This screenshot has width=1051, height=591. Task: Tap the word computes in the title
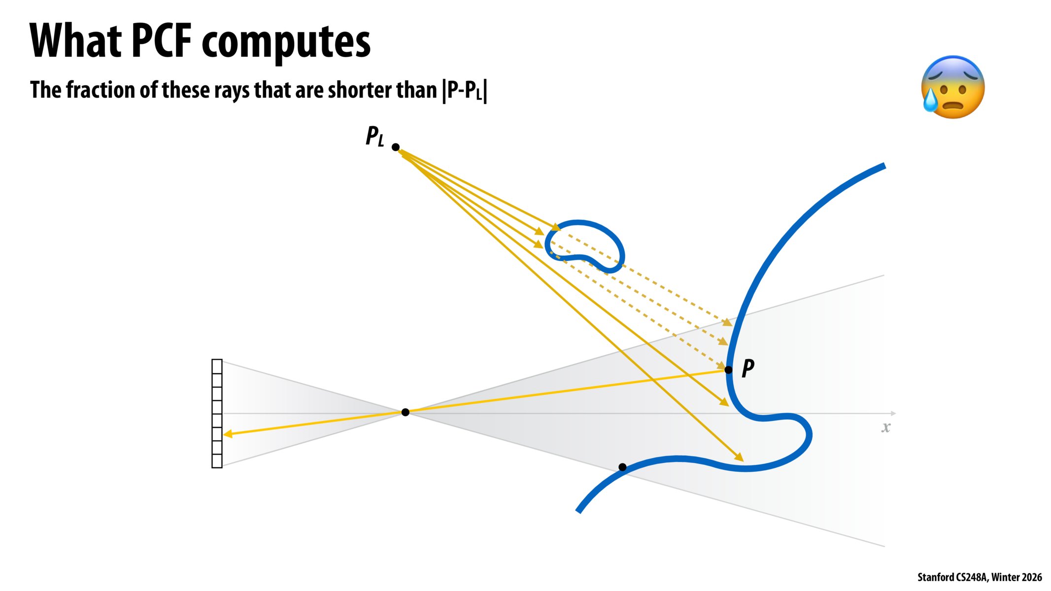point(286,43)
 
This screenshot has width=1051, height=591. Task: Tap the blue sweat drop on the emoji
point(930,100)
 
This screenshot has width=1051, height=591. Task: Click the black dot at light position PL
point(395,147)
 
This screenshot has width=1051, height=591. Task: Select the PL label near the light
point(374,136)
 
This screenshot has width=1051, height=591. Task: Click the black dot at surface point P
point(728,369)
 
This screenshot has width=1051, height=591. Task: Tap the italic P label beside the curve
point(747,368)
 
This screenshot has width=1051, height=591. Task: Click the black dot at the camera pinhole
point(405,412)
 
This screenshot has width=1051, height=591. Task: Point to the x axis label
point(886,427)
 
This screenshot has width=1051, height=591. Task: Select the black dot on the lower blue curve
point(622,467)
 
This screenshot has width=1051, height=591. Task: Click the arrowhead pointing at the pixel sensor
point(228,434)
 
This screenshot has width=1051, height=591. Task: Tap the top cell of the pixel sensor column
point(217,367)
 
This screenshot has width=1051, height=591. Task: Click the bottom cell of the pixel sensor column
point(217,460)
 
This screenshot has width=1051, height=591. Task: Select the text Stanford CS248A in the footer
point(952,577)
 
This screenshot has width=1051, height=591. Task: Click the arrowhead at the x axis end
point(893,413)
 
